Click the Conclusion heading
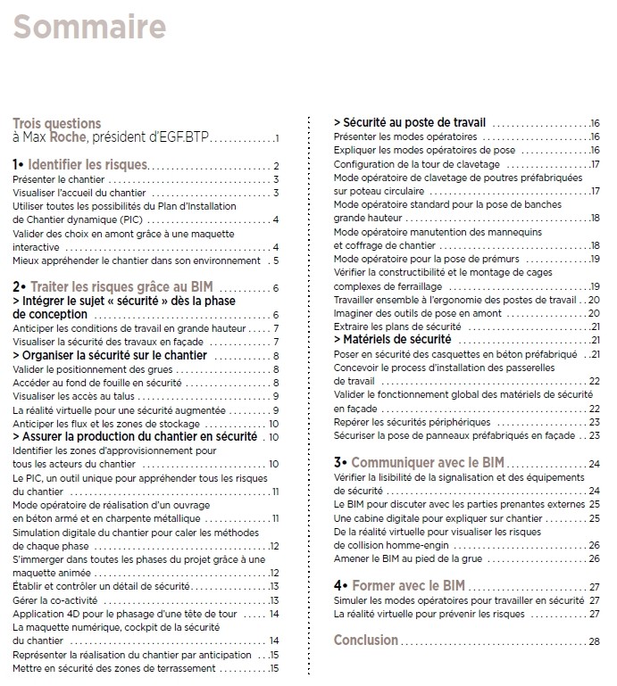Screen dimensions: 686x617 [365, 640]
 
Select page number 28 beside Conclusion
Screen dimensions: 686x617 [594, 641]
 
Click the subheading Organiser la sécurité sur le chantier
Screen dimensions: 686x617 [110, 355]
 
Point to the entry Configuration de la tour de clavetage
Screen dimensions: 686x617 [415, 164]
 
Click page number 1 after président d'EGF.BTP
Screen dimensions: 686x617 [278, 139]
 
